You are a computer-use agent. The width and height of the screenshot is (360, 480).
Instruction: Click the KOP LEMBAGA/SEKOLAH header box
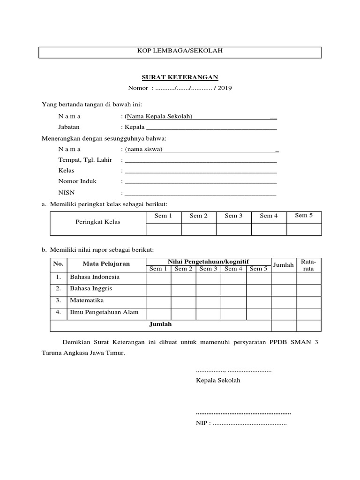[180, 52]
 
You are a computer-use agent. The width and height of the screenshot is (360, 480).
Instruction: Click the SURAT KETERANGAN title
[180, 77]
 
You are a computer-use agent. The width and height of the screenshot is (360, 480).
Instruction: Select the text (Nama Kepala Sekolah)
[158, 116]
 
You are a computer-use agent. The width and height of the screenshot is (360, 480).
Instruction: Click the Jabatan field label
[69, 127]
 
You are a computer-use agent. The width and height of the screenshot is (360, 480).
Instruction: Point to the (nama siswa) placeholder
[143, 149]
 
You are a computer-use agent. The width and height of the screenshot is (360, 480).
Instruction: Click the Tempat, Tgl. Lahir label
[85, 160]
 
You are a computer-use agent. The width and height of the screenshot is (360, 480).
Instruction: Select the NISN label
[66, 192]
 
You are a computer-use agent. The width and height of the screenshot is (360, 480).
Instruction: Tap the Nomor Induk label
[77, 181]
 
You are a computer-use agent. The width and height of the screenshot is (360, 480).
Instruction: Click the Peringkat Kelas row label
[98, 222]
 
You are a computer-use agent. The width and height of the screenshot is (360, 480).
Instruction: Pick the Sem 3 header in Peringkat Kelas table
[233, 216]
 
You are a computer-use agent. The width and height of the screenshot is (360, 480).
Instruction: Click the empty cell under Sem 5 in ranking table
[304, 229]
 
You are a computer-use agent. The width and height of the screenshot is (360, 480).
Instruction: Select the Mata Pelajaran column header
[106, 264]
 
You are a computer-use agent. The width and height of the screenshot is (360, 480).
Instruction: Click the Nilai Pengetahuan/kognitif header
[208, 261]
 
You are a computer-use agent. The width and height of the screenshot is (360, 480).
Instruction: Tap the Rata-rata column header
[308, 265]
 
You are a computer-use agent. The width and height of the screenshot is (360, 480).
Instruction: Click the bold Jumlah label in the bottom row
[160, 324]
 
